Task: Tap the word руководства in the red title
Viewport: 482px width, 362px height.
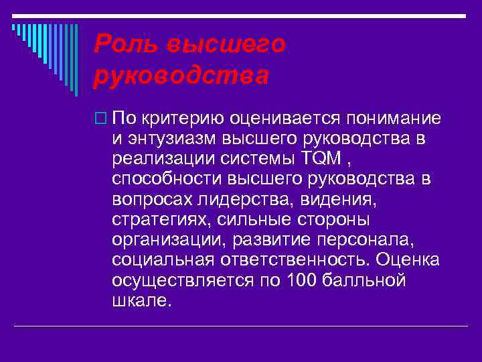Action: pyautogui.click(x=181, y=76)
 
